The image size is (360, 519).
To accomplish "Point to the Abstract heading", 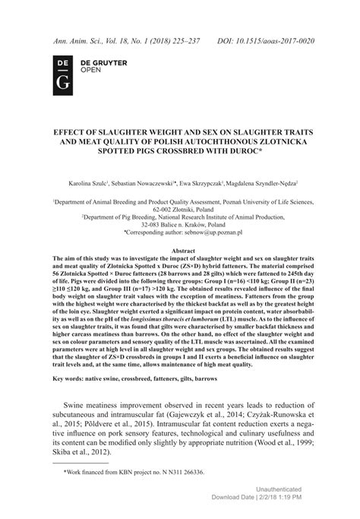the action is (179, 249).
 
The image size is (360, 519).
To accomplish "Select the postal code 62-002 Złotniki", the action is (180, 207).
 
